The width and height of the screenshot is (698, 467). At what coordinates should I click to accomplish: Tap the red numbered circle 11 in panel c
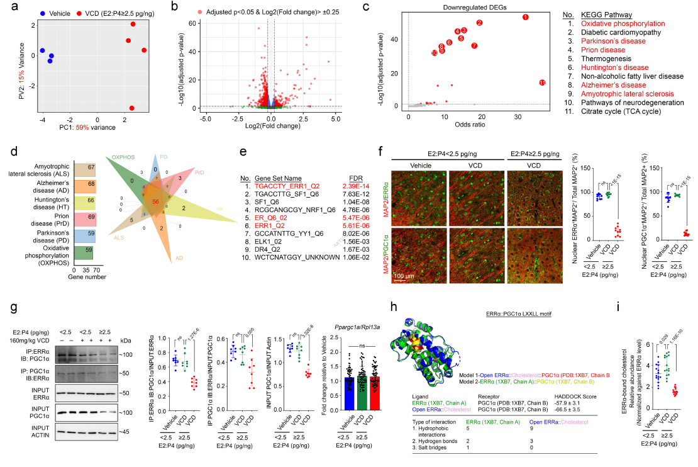[543, 82]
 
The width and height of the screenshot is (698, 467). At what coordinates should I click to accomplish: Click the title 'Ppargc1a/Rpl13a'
[358, 325]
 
